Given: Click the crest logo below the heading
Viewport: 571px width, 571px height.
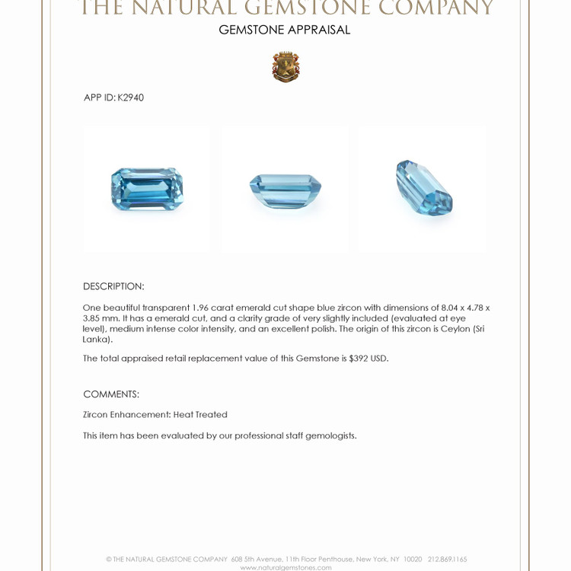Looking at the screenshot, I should (285, 67).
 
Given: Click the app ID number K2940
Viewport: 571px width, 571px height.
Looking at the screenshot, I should (130, 97).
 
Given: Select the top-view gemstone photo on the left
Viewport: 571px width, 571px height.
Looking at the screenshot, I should (147, 188).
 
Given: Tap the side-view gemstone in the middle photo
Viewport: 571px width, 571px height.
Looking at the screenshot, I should (285, 187).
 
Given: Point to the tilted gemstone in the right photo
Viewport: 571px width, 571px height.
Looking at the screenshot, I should (424, 187).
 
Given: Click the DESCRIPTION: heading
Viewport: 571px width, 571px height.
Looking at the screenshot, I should (113, 286).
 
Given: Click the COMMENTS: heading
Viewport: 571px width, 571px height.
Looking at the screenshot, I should (111, 394).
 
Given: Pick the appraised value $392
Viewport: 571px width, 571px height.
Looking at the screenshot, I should (358, 359).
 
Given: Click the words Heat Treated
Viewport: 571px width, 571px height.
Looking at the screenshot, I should (200, 415).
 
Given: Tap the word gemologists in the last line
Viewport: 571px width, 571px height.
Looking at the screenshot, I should (331, 435).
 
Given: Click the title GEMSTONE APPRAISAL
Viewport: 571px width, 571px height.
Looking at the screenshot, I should (285, 30).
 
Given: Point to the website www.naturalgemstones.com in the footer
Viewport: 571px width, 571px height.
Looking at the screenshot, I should (285, 567).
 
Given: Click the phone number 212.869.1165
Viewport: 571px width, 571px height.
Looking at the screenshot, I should (448, 559).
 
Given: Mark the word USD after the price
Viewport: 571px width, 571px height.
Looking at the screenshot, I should (379, 359).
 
